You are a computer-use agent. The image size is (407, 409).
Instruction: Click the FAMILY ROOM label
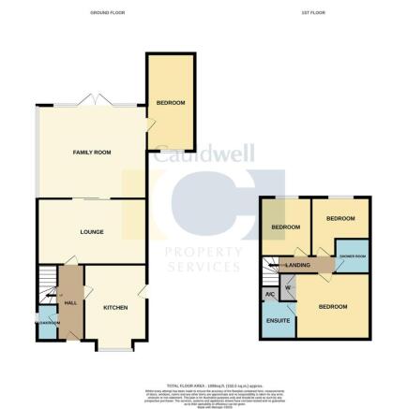(93, 152)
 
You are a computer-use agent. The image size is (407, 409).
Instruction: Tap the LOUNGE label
(91, 231)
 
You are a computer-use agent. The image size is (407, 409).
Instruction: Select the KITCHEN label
(115, 307)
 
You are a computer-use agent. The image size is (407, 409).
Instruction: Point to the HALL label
(69, 303)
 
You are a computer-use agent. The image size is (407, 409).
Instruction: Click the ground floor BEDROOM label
(170, 102)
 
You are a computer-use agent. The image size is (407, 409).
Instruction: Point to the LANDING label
(298, 265)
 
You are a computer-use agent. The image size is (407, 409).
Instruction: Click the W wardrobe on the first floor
(288, 287)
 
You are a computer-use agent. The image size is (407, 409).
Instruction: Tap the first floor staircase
(271, 266)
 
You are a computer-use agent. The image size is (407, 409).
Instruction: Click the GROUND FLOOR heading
(102, 12)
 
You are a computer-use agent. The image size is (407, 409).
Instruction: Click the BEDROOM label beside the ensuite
(332, 306)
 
